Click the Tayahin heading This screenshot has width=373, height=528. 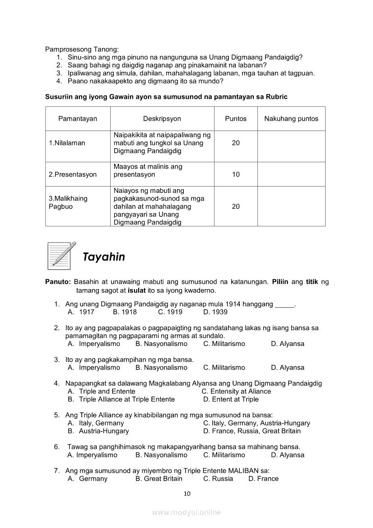pyautogui.click(x=104, y=257)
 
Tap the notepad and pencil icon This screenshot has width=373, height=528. pyautogui.click(x=61, y=255)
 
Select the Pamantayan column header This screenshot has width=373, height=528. pyautogui.click(x=78, y=119)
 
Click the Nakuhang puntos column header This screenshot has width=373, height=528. pyautogui.click(x=291, y=119)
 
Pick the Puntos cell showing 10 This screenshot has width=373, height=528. pyautogui.click(x=236, y=174)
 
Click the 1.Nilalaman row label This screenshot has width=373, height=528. pyautogui.click(x=67, y=143)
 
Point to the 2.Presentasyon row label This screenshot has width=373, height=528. pyautogui.click(x=73, y=174)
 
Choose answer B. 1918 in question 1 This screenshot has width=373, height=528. pyautogui.click(x=125, y=312)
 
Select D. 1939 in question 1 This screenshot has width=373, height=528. pyautogui.click(x=215, y=312)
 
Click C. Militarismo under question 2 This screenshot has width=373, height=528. pyautogui.click(x=224, y=344)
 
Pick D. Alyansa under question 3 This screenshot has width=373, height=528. pyautogui.click(x=288, y=368)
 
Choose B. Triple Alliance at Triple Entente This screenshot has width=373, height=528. pyautogui.click(x=121, y=399)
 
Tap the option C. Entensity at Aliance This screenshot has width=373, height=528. pyautogui.click(x=236, y=392)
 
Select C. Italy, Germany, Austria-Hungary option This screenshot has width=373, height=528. pyautogui.click(x=256, y=423)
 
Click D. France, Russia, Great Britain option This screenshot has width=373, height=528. pyautogui.click(x=252, y=431)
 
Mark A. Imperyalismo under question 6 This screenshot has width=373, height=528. pyautogui.click(x=92, y=455)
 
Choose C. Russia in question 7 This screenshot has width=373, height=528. pyautogui.click(x=218, y=479)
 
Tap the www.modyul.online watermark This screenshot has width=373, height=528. pyautogui.click(x=186, y=513)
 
